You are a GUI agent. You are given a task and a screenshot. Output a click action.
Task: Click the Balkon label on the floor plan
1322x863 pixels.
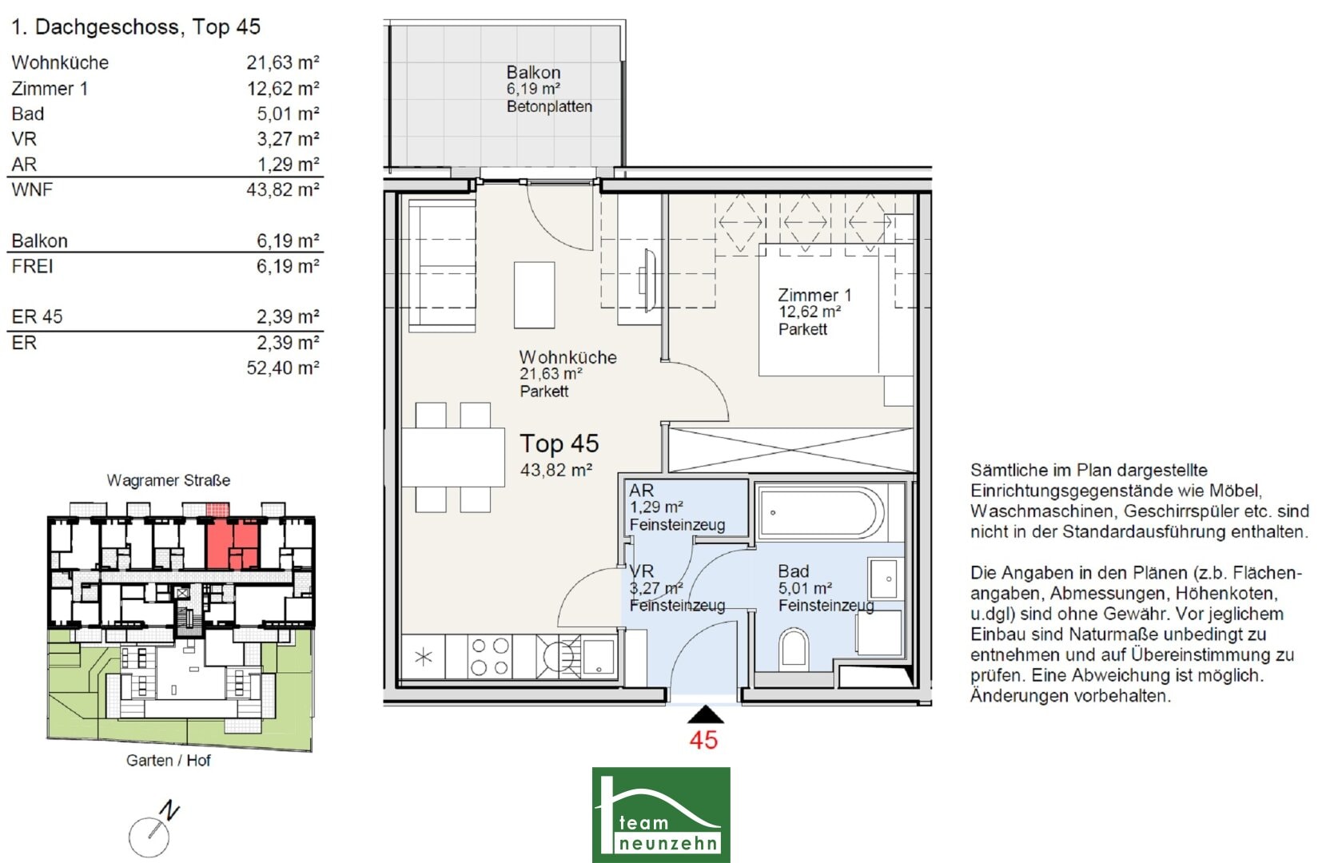(x=534, y=73)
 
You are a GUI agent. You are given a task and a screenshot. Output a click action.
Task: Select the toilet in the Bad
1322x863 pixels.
(x=794, y=650)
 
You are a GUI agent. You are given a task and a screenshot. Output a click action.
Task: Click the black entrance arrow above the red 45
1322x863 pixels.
(x=705, y=714)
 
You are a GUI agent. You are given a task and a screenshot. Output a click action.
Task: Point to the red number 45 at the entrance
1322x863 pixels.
(x=703, y=740)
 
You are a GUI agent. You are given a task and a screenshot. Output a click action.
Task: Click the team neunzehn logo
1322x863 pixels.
(x=661, y=814)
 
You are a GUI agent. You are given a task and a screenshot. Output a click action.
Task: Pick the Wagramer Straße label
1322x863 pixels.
(x=168, y=480)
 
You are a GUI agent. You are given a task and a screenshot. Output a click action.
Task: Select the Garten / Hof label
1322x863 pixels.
(x=168, y=761)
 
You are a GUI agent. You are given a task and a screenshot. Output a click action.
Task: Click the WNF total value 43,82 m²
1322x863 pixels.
(x=283, y=189)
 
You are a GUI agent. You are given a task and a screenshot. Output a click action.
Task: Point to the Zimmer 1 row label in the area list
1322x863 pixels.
(x=50, y=89)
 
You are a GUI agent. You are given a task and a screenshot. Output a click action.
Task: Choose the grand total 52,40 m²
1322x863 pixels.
(x=283, y=368)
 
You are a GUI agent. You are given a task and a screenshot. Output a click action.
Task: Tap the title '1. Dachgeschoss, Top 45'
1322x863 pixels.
(x=136, y=26)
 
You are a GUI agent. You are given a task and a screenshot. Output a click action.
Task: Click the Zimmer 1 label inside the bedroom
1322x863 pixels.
(x=814, y=294)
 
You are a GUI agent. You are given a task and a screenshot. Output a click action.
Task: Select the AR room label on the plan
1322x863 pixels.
(x=641, y=490)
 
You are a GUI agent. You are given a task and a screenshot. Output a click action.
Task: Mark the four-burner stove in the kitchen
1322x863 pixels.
(x=490, y=657)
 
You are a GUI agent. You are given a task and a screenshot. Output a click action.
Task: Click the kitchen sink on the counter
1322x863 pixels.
(x=598, y=657)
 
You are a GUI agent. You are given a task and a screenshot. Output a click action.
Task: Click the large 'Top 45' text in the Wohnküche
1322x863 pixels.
(x=559, y=443)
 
